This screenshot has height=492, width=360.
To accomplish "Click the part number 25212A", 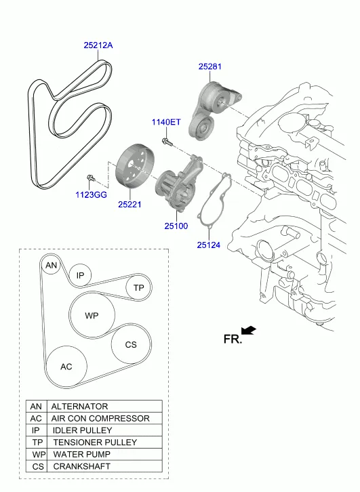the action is click(x=98, y=45).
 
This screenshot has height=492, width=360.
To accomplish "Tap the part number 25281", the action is click(x=209, y=66).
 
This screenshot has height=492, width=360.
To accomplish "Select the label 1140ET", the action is click(x=166, y=122).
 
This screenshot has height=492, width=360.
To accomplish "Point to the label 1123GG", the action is click(x=91, y=195).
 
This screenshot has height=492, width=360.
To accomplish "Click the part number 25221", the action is click(x=129, y=204).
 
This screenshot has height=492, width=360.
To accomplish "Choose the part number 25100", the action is click(x=176, y=226).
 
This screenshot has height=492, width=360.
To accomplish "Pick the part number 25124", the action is click(x=209, y=245).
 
